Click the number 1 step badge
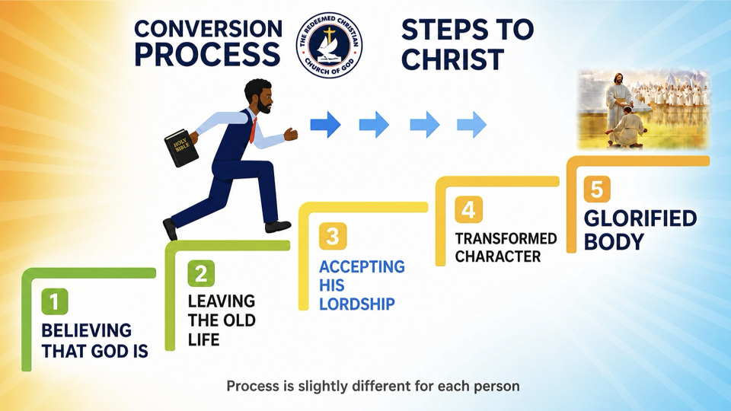[x=55, y=301]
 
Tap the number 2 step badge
[x=201, y=273]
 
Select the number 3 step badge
[x=333, y=236]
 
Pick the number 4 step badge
[x=468, y=210]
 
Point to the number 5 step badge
[x=597, y=190]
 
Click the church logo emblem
[x=330, y=45]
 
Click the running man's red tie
[x=253, y=130]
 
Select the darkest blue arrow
[x=326, y=124]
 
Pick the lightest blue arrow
[x=472, y=124]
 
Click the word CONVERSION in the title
[x=208, y=29]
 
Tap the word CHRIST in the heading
[x=452, y=60]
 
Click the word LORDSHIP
[x=356, y=304]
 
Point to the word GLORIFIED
[x=640, y=218]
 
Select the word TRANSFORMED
[x=506, y=238]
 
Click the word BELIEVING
[x=86, y=330]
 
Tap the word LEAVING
[x=222, y=301]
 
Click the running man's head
[x=259, y=97]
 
